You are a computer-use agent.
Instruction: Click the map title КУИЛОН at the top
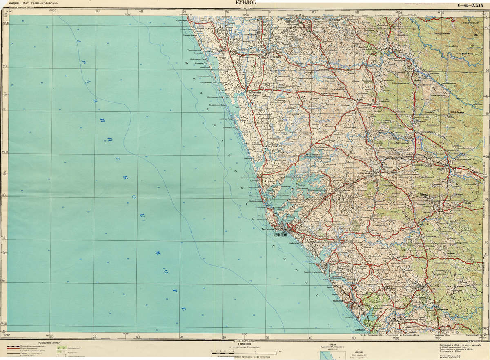(245, 3)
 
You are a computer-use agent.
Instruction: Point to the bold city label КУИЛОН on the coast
(281, 235)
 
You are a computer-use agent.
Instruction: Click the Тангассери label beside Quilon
(268, 229)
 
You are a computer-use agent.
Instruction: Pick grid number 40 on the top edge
(140, 11)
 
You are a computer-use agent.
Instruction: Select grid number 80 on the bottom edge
(311, 338)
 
